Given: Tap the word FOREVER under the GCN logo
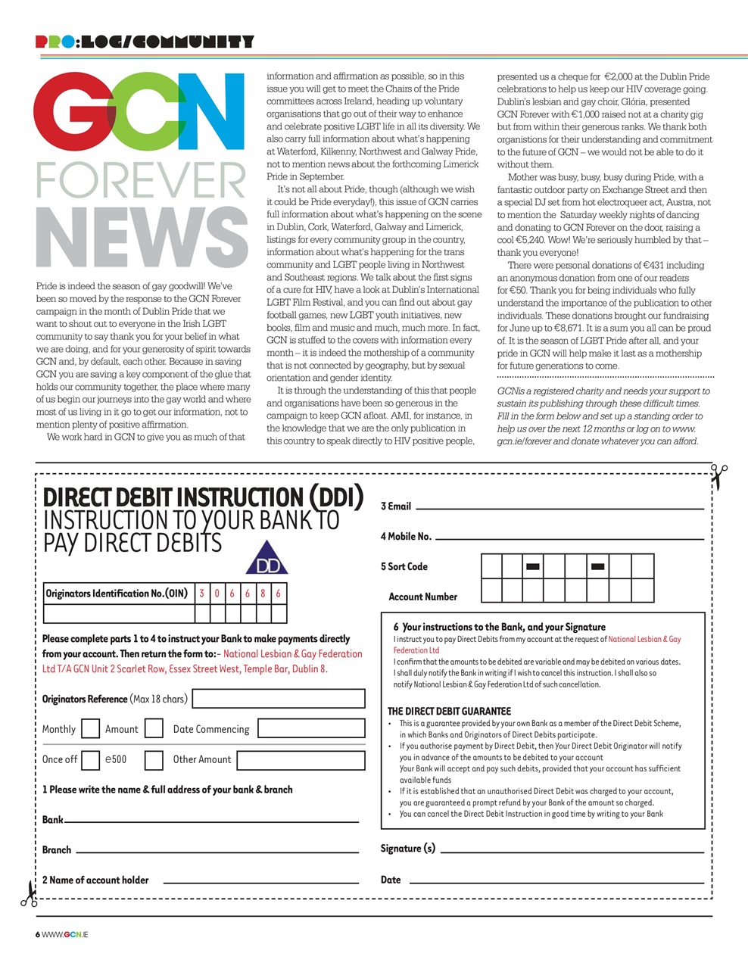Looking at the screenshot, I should [x=141, y=181].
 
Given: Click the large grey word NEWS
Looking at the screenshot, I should [x=141, y=238].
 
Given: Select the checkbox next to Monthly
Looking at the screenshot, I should [x=90, y=729].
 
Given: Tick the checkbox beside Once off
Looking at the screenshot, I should [x=90, y=759].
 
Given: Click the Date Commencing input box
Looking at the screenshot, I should [x=310, y=729].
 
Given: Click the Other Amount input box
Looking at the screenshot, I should [x=301, y=759].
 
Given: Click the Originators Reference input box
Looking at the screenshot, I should [x=279, y=699].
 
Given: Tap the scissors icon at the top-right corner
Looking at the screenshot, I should [x=718, y=476].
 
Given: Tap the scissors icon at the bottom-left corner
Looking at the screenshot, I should [x=29, y=893].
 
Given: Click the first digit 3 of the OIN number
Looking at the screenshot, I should [x=202, y=594].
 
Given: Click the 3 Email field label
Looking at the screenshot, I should [x=396, y=506].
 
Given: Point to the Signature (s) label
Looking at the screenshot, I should [x=407, y=849].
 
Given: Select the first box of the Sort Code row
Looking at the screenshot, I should [x=491, y=566].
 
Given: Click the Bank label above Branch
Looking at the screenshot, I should [x=52, y=820].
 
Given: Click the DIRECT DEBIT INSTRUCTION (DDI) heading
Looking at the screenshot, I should [x=203, y=497].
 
